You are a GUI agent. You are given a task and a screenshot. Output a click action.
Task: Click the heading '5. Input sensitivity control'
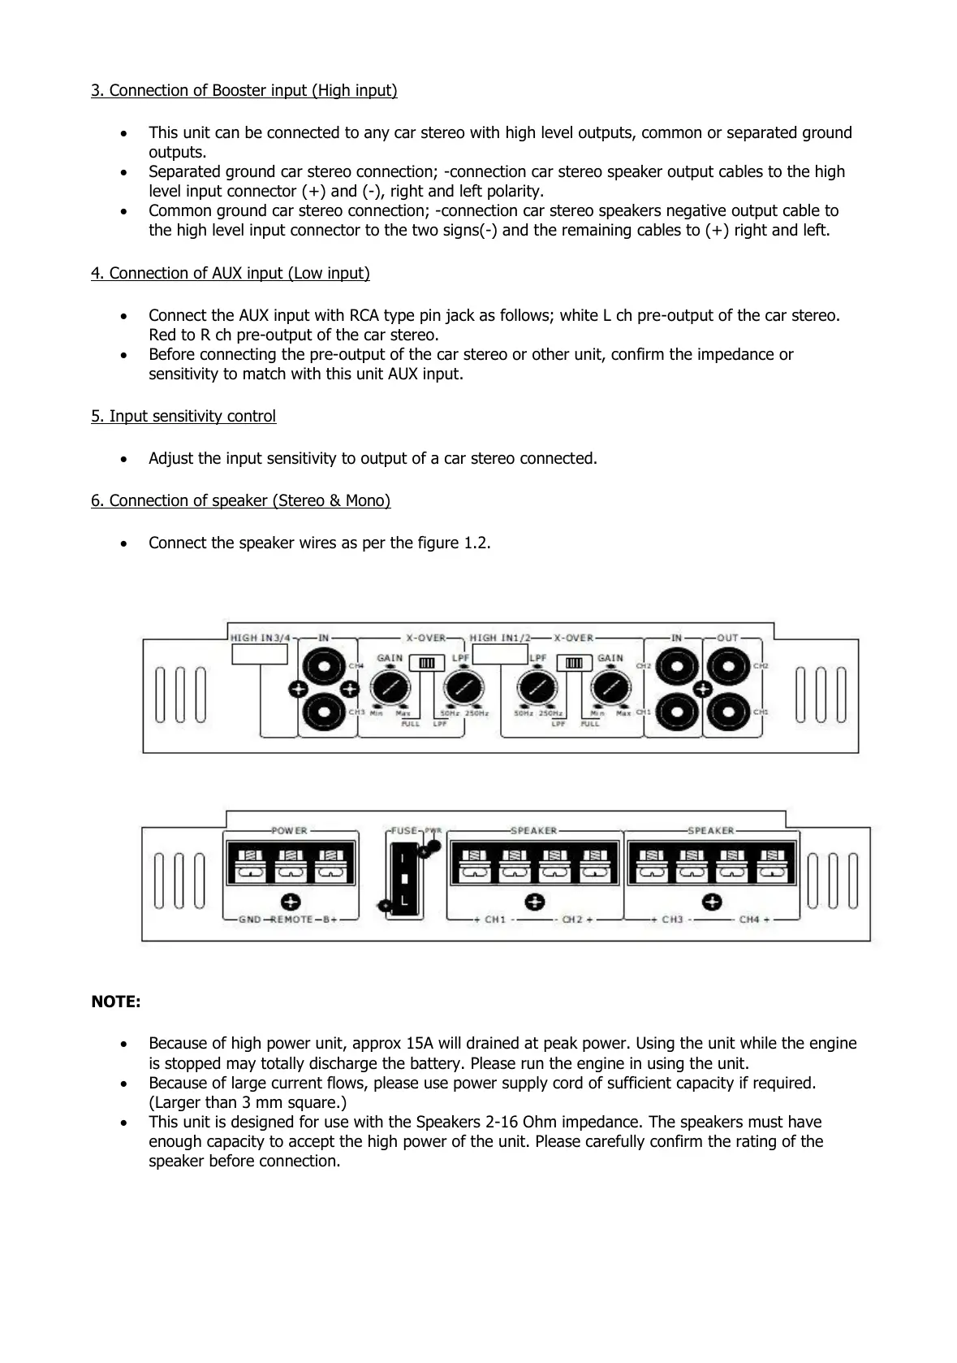[183, 416]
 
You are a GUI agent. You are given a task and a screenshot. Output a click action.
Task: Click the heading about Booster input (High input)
[244, 90]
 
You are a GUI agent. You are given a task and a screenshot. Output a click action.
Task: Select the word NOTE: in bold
[115, 1002]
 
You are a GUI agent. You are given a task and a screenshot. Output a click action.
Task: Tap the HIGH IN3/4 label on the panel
[260, 638]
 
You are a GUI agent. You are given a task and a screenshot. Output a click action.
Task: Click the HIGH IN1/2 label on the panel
[498, 638]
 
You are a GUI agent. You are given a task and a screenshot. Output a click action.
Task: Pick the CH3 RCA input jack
[324, 712]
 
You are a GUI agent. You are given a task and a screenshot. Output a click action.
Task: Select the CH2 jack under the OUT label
[727, 666]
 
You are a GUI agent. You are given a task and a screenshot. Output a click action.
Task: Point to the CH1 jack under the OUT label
[727, 712]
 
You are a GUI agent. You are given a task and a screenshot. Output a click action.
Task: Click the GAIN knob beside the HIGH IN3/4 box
[390, 689]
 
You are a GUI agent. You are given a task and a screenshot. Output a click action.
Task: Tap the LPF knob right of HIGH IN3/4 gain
[460, 689]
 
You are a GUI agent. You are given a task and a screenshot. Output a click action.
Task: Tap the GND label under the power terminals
[249, 919]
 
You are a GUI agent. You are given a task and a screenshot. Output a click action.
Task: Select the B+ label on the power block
[330, 919]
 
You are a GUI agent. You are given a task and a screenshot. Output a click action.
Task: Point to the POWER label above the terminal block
[290, 830]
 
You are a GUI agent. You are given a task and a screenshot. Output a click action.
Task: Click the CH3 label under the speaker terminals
[672, 919]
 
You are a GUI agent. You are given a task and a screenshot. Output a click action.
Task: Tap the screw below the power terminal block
[291, 901]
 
